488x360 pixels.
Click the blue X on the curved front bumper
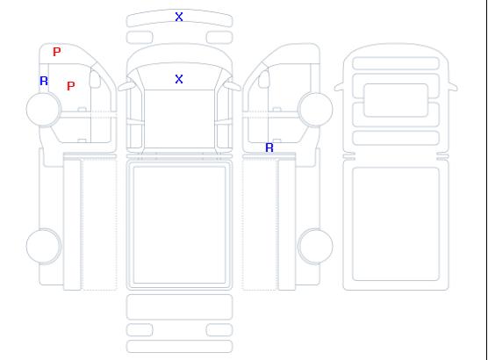tap(179, 17)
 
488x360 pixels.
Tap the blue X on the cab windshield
tap(179, 79)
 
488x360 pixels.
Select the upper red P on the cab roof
tap(57, 52)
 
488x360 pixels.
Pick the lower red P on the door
tap(71, 86)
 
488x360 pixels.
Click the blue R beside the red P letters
tap(44, 81)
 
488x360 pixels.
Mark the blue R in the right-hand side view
tap(269, 148)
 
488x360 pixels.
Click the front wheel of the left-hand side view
tap(44, 110)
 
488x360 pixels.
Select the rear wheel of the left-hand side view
tap(44, 246)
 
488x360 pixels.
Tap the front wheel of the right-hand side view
tap(315, 110)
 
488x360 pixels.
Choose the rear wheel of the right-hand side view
tap(315, 246)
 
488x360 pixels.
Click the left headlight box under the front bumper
tap(140, 38)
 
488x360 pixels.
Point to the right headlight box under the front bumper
tap(219, 38)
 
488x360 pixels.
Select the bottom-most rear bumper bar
tap(179, 347)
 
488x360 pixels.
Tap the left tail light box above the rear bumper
tap(140, 330)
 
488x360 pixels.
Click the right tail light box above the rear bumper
tap(219, 330)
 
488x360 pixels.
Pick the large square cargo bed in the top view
tap(179, 225)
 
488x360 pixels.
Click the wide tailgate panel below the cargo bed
tap(179, 307)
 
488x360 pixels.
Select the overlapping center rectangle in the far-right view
tap(396, 100)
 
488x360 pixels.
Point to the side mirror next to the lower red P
tap(95, 79)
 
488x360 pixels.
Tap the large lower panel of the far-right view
tap(396, 224)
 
